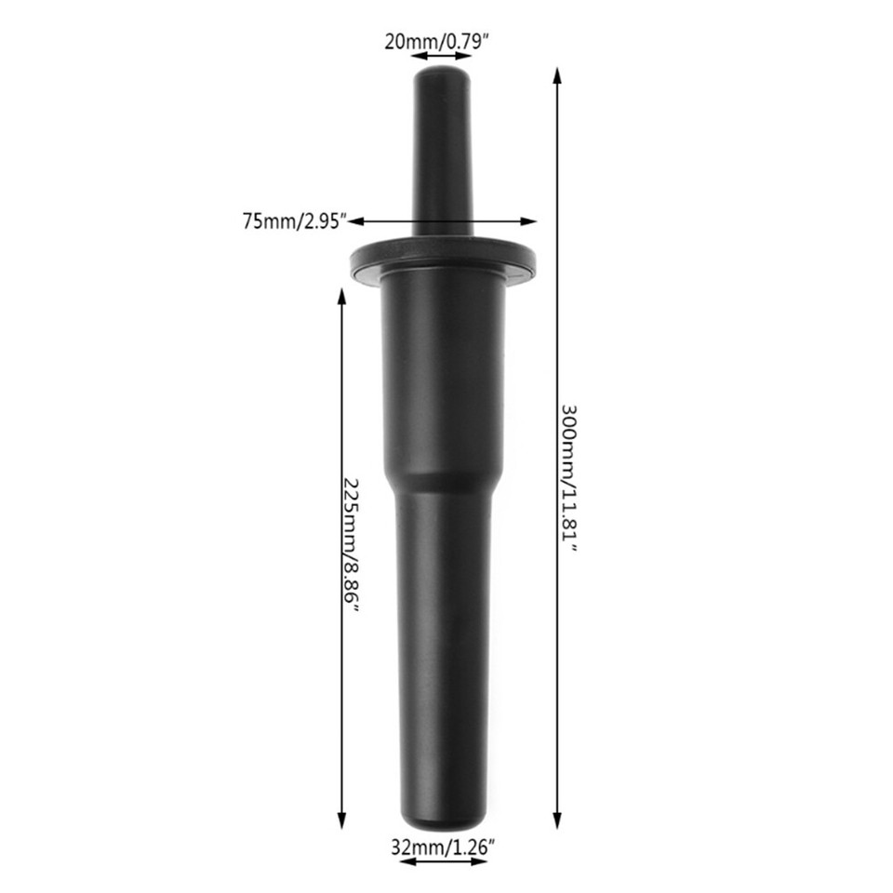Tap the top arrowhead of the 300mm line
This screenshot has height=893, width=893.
(557, 74)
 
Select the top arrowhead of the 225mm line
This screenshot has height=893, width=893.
(342, 294)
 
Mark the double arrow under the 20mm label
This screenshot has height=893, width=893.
(443, 57)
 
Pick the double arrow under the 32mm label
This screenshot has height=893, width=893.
(444, 861)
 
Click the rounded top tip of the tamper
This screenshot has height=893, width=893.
(442, 71)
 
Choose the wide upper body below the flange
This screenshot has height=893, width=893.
(443, 372)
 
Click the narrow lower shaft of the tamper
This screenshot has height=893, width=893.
(443, 651)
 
